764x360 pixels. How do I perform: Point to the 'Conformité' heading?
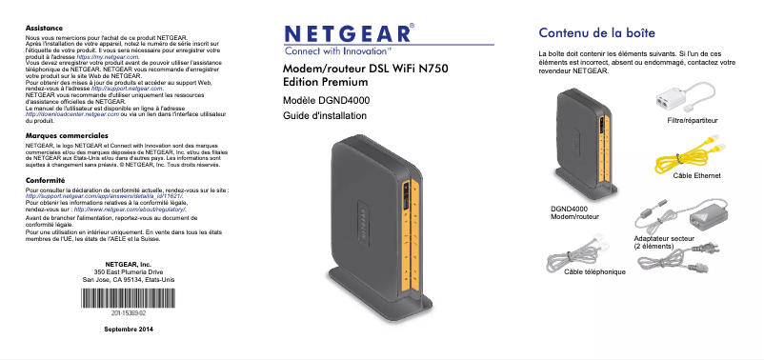pyautogui.click(x=45, y=179)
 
